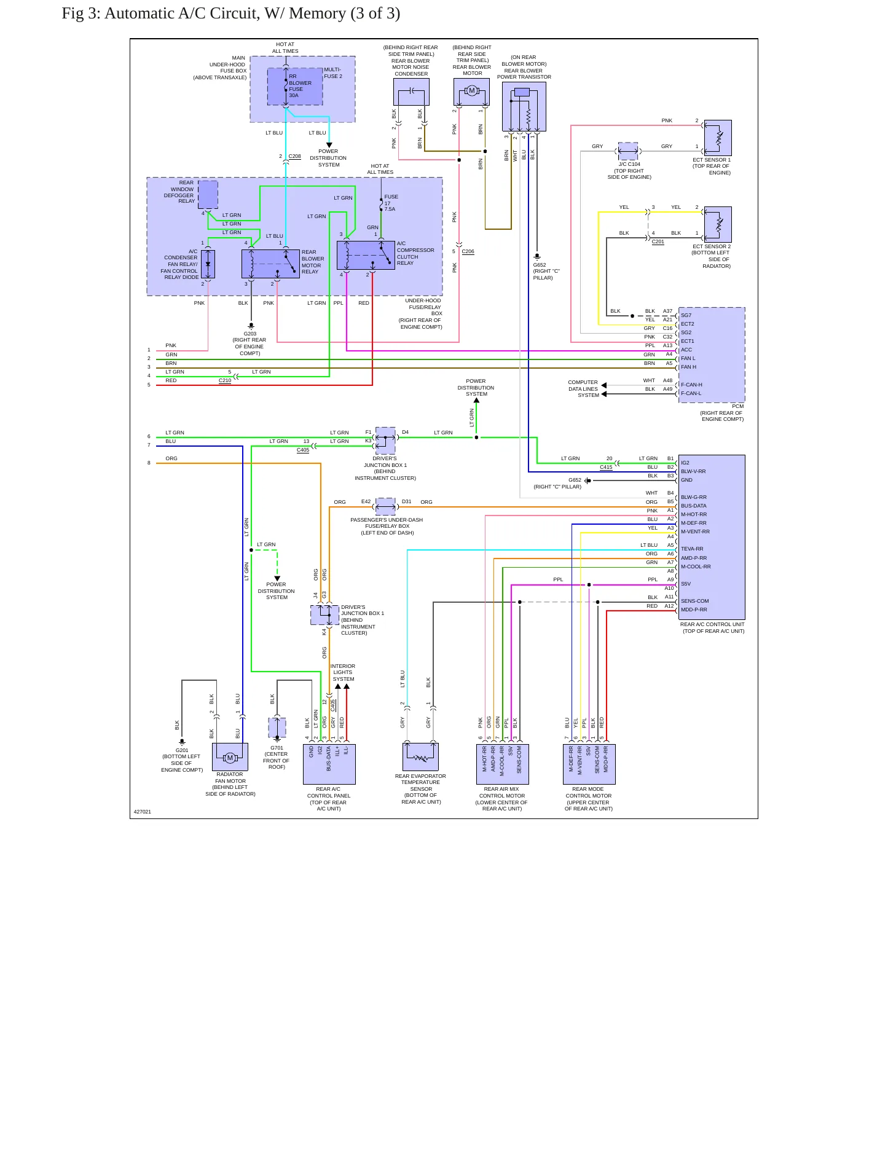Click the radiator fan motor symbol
click(230, 757)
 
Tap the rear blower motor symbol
click(472, 92)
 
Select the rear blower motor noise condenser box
click(411, 92)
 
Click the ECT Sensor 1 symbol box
click(718, 138)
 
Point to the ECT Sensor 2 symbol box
click(718, 224)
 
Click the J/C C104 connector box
click(628, 151)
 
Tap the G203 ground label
click(250, 334)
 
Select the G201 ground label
click(182, 750)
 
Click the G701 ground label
click(277, 748)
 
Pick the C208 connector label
click(295, 156)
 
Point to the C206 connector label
click(468, 251)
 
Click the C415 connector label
click(606, 467)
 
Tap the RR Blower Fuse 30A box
click(295, 86)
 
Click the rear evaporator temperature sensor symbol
click(421, 757)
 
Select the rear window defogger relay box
click(208, 195)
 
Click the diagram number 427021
click(143, 812)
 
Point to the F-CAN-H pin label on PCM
click(691, 385)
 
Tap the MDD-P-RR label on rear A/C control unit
click(694, 610)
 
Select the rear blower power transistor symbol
click(524, 107)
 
